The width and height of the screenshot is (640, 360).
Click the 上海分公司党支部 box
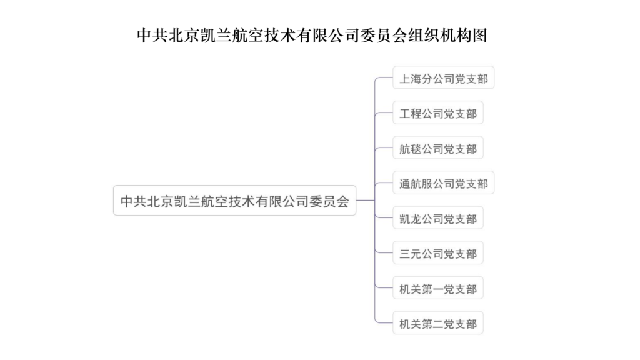click(443, 77)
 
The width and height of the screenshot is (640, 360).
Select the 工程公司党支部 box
click(438, 112)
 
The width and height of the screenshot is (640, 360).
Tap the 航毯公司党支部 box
click(438, 147)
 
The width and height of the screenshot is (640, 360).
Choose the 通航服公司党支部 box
click(443, 183)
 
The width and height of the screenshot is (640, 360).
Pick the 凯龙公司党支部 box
click(438, 218)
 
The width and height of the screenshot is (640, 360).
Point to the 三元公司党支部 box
click(438, 253)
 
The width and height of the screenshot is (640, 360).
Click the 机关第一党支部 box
click(438, 288)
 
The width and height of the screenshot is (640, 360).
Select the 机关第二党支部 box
click(438, 323)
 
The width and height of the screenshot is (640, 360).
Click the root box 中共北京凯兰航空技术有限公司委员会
click(235, 201)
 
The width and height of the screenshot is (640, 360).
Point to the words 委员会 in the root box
click(329, 201)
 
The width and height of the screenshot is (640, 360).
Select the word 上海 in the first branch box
click(410, 78)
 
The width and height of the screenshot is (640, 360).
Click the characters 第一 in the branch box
click(432, 289)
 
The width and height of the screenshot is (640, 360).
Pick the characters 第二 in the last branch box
click(432, 324)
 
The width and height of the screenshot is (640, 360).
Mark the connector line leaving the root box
click(365, 201)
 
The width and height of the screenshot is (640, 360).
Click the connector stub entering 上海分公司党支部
click(384, 77)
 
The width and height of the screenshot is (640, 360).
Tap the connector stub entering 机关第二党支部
click(384, 323)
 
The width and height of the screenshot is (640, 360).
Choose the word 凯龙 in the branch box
click(410, 219)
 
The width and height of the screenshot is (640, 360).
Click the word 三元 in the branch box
click(410, 254)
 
